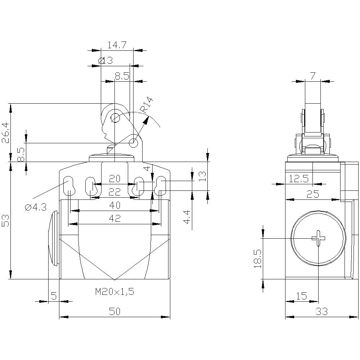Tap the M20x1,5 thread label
(x=114, y=292)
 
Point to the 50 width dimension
(x=114, y=312)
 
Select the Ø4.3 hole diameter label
(x=36, y=207)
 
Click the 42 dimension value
(x=114, y=218)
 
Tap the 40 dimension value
(x=114, y=205)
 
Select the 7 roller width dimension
(x=312, y=76)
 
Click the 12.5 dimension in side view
(x=298, y=179)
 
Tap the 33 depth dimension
(x=321, y=312)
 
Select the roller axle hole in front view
(x=115, y=117)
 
